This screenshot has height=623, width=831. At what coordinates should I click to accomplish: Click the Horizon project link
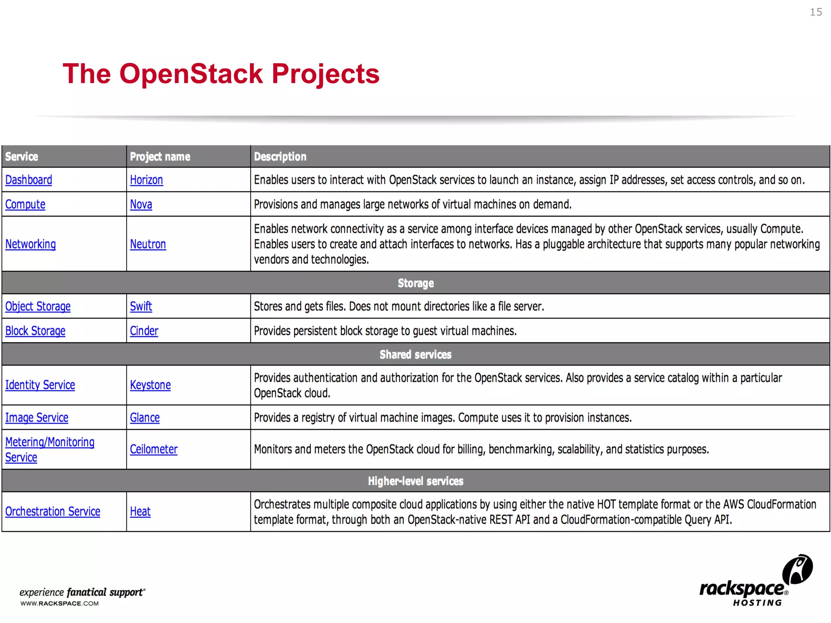click(x=146, y=180)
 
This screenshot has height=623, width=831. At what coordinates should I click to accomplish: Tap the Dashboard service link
click(x=28, y=180)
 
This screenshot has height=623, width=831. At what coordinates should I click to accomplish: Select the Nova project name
click(x=141, y=204)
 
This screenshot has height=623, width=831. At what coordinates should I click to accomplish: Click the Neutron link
click(x=148, y=244)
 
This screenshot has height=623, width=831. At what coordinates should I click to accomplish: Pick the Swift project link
click(x=141, y=306)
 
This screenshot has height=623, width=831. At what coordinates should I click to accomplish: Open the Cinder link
click(x=144, y=331)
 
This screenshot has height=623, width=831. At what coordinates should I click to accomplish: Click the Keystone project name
click(x=150, y=385)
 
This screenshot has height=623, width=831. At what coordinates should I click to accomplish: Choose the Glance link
click(x=144, y=418)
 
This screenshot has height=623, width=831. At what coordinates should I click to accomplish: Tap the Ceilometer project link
click(x=153, y=449)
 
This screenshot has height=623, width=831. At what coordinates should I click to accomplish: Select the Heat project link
click(x=140, y=512)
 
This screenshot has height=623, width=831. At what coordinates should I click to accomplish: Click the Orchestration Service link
click(x=53, y=512)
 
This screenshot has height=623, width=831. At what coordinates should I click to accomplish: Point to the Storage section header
click(x=415, y=283)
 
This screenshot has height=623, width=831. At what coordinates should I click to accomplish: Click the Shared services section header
click(x=415, y=355)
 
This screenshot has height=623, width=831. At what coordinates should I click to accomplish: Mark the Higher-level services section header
click(x=415, y=481)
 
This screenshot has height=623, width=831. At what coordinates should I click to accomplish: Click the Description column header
click(x=280, y=157)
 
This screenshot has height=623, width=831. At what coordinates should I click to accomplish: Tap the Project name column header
click(x=160, y=157)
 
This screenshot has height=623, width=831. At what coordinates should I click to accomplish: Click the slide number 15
click(x=816, y=12)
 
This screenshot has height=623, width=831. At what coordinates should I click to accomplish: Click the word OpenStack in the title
click(x=191, y=74)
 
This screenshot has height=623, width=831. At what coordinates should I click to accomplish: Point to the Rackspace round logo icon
click(x=797, y=569)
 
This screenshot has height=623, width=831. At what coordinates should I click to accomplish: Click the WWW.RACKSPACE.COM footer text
click(x=60, y=604)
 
